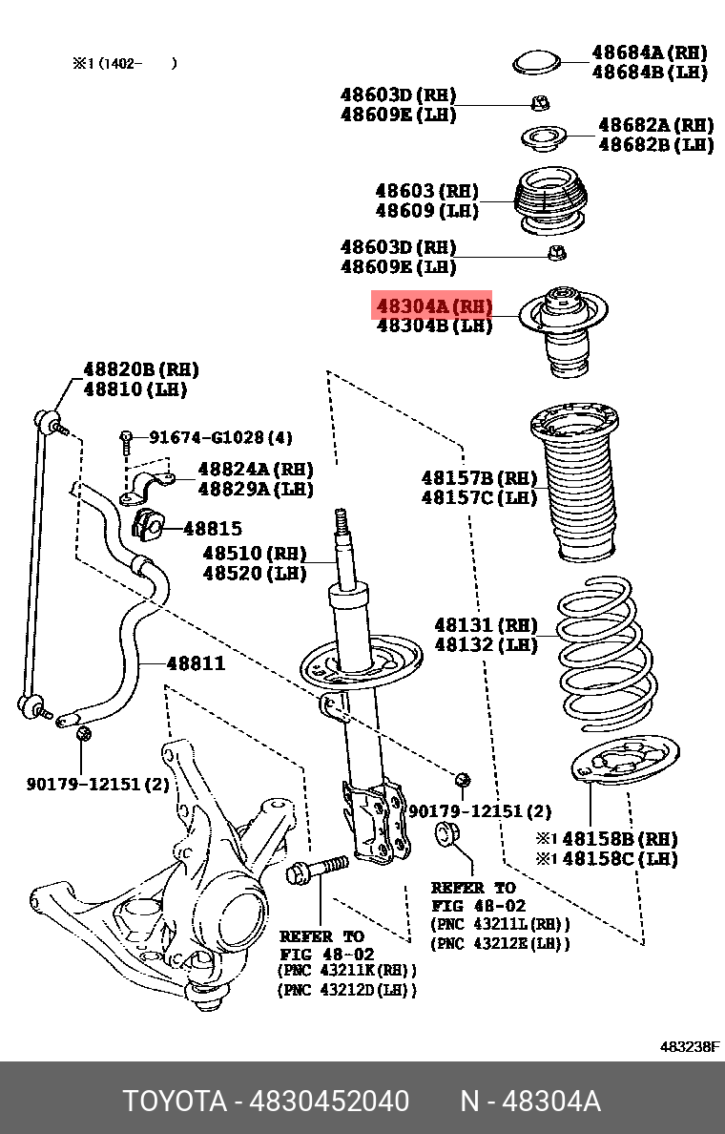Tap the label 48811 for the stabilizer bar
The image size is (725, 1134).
(x=196, y=662)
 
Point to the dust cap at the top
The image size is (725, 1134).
(x=537, y=62)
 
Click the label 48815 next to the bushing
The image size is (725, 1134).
(x=212, y=528)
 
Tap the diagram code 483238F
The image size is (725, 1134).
(x=690, y=1046)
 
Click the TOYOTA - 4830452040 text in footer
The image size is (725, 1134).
(x=266, y=1101)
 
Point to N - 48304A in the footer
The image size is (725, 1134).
(x=530, y=1101)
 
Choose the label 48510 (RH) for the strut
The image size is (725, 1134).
(x=254, y=554)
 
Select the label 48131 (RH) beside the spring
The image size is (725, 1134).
(x=486, y=625)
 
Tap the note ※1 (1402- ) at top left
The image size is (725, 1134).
(x=124, y=64)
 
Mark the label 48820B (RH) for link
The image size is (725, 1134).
(x=140, y=369)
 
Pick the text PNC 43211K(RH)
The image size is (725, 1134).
(x=347, y=970)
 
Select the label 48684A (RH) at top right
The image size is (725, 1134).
(x=649, y=52)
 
